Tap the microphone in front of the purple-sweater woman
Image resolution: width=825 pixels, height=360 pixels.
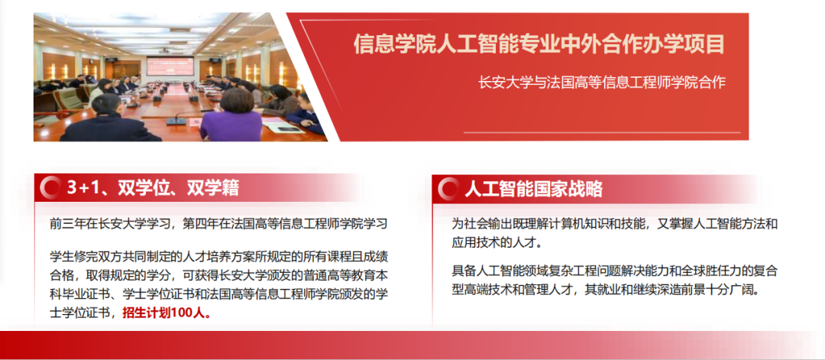(180, 118)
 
